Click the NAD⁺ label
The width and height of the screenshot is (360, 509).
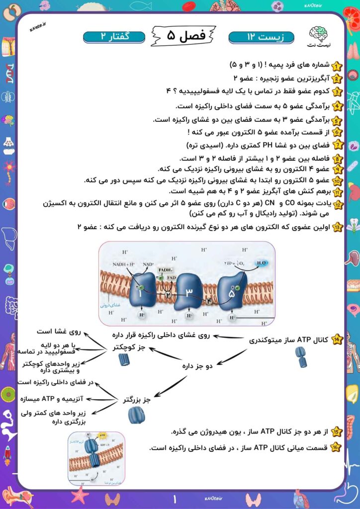click(x=148, y=264)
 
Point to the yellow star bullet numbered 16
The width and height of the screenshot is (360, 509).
click(x=337, y=447)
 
